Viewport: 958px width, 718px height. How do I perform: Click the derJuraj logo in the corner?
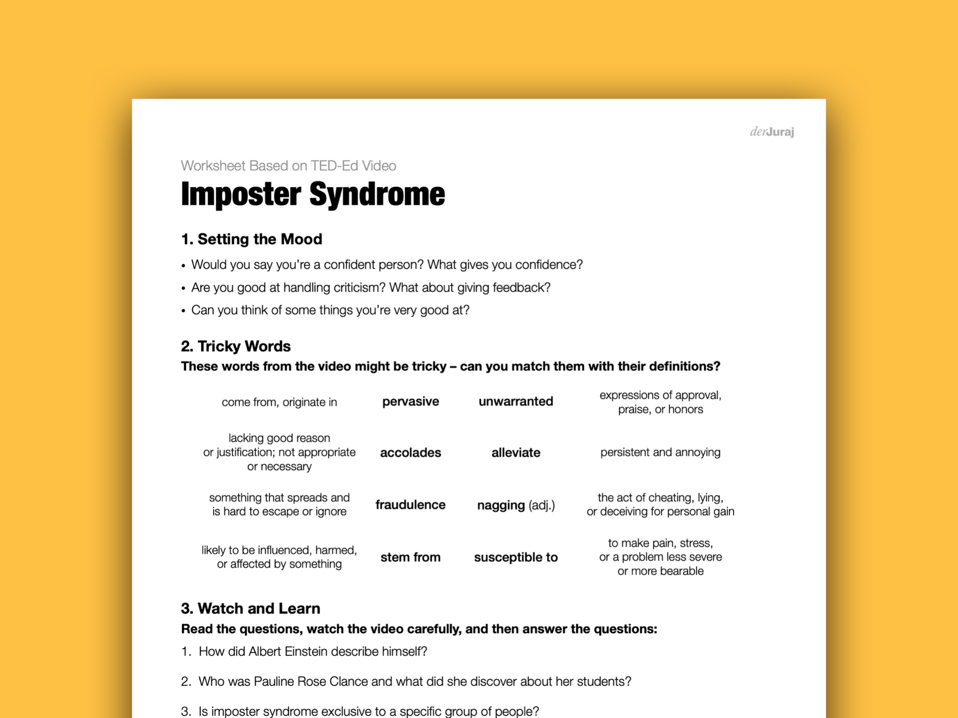[x=772, y=132]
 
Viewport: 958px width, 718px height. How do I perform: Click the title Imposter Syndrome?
[x=312, y=194]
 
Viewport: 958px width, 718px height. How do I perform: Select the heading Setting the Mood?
[x=252, y=239]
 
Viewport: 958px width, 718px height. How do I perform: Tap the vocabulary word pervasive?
[x=410, y=402]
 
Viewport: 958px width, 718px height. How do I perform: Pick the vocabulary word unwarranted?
[x=515, y=402]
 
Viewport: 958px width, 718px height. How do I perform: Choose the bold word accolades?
[x=410, y=453]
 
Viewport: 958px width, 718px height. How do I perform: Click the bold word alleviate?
[x=515, y=453]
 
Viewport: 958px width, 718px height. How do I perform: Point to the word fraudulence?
[x=410, y=505]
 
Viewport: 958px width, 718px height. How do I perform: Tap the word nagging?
[x=501, y=506]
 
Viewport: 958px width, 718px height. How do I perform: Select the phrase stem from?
[x=410, y=557]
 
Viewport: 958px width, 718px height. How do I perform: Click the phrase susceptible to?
[x=515, y=557]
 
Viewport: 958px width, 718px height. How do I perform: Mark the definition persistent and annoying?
[x=660, y=452]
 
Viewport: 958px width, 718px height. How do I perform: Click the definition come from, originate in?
[x=279, y=402]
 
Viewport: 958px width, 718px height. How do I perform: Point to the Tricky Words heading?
[x=236, y=346]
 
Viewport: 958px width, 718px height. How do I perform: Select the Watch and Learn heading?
[x=251, y=608]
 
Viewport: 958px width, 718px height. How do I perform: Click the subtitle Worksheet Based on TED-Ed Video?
[x=288, y=166]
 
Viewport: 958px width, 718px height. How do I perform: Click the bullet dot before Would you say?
[x=183, y=266]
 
